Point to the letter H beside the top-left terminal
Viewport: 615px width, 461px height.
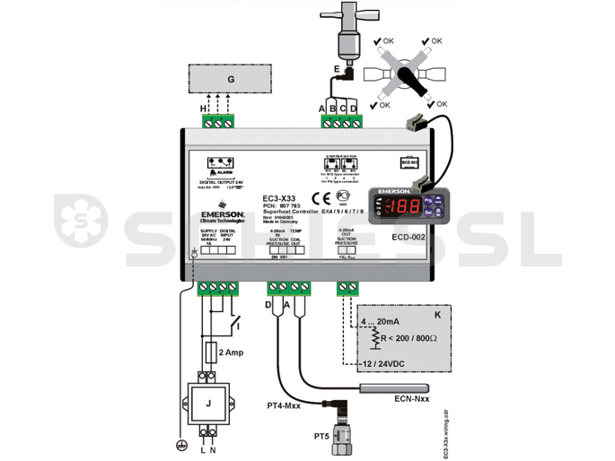[203, 109]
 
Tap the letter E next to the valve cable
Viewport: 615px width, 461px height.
[337, 68]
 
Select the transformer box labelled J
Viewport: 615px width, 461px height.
[209, 403]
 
